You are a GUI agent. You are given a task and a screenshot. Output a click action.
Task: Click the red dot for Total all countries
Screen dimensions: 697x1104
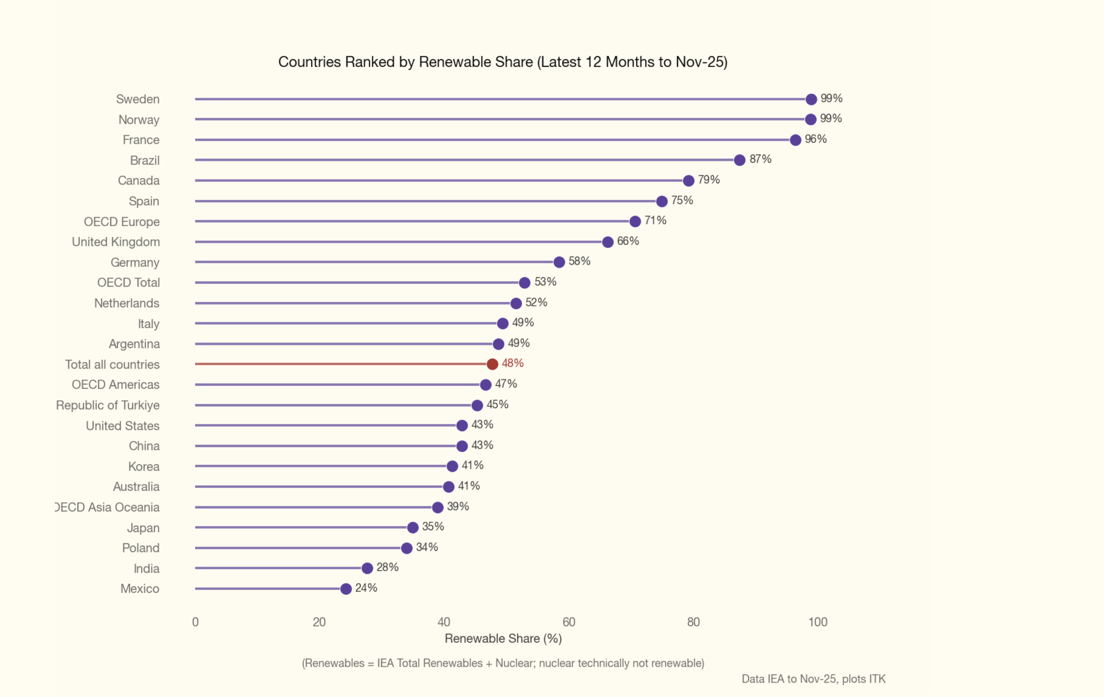click(x=492, y=364)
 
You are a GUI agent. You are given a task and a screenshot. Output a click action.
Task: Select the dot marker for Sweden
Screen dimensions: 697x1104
click(x=811, y=99)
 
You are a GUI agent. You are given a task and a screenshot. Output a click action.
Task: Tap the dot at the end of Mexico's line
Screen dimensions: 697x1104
click(x=346, y=589)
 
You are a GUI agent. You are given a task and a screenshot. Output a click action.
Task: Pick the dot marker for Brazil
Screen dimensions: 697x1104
click(x=739, y=160)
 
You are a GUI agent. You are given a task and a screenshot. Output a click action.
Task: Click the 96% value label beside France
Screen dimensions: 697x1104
click(x=816, y=139)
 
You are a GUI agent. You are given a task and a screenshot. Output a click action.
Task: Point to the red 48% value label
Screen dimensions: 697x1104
click(x=513, y=363)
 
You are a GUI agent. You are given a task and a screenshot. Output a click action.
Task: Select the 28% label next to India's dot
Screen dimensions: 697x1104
click(x=388, y=567)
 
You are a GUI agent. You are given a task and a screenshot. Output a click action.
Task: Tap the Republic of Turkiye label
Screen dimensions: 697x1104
click(x=108, y=405)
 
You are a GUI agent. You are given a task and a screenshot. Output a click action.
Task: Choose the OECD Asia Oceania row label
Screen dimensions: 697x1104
click(x=107, y=507)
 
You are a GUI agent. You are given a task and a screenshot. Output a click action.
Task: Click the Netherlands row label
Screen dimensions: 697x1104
click(x=127, y=303)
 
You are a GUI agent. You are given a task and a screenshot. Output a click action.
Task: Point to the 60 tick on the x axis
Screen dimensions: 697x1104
click(x=568, y=622)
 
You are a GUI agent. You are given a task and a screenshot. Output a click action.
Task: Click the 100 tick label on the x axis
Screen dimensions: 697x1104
click(x=817, y=622)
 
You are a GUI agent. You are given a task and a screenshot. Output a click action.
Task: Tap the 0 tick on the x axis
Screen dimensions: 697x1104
click(x=195, y=622)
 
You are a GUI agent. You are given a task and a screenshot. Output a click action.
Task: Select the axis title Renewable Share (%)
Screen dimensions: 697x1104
click(x=503, y=638)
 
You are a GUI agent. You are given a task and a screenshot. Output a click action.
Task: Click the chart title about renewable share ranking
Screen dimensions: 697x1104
click(x=503, y=62)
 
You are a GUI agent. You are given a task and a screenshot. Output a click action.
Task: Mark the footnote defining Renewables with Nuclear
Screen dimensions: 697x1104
click(x=503, y=663)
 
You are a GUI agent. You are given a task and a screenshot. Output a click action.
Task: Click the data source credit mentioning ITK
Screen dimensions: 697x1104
click(x=813, y=679)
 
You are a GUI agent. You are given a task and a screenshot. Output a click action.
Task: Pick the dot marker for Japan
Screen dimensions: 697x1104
click(x=412, y=527)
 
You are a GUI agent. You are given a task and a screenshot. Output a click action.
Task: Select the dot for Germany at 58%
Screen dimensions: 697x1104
click(x=559, y=262)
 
